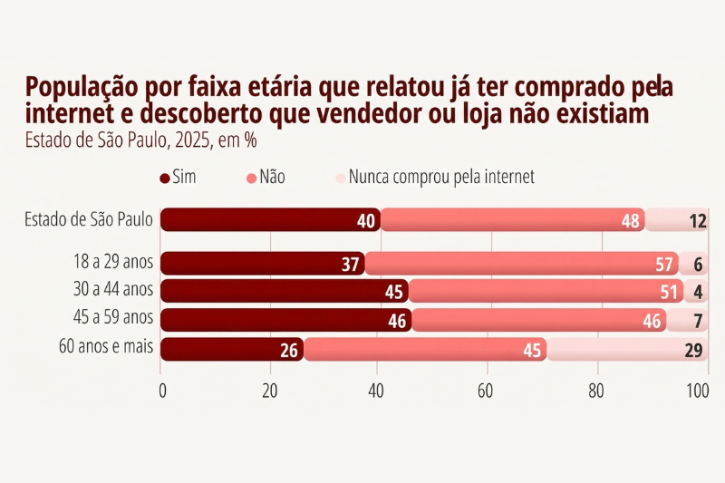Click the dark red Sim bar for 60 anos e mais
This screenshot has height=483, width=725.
tap(232, 350)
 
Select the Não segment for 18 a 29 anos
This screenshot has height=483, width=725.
tap(521, 264)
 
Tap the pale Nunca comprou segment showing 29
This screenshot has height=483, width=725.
tap(626, 350)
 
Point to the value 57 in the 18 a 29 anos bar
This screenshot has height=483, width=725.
tap(664, 264)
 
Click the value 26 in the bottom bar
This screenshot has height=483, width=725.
tap(290, 351)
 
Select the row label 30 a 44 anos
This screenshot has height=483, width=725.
tap(113, 291)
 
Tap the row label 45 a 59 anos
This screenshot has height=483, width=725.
tap(113, 319)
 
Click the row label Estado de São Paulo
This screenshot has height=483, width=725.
tap(89, 219)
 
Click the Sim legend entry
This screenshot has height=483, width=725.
tap(178, 177)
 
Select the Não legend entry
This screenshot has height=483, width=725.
tap(266, 177)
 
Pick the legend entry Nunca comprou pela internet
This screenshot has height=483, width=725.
tap(434, 177)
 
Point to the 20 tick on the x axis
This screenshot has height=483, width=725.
tap(269, 391)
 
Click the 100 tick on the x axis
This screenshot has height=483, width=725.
tap(697, 391)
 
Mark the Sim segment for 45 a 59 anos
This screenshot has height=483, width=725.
tap(285, 320)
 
